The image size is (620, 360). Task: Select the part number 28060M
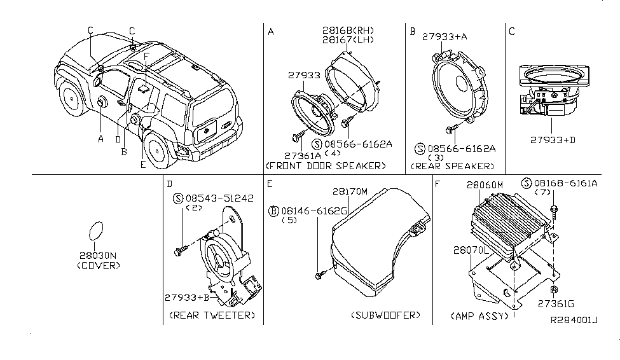[x=485, y=184]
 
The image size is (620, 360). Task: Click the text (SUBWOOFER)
[x=385, y=315]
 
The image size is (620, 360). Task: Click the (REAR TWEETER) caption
[x=212, y=315]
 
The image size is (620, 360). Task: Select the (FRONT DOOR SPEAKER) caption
[x=325, y=165]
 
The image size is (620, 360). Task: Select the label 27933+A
[x=444, y=38]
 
